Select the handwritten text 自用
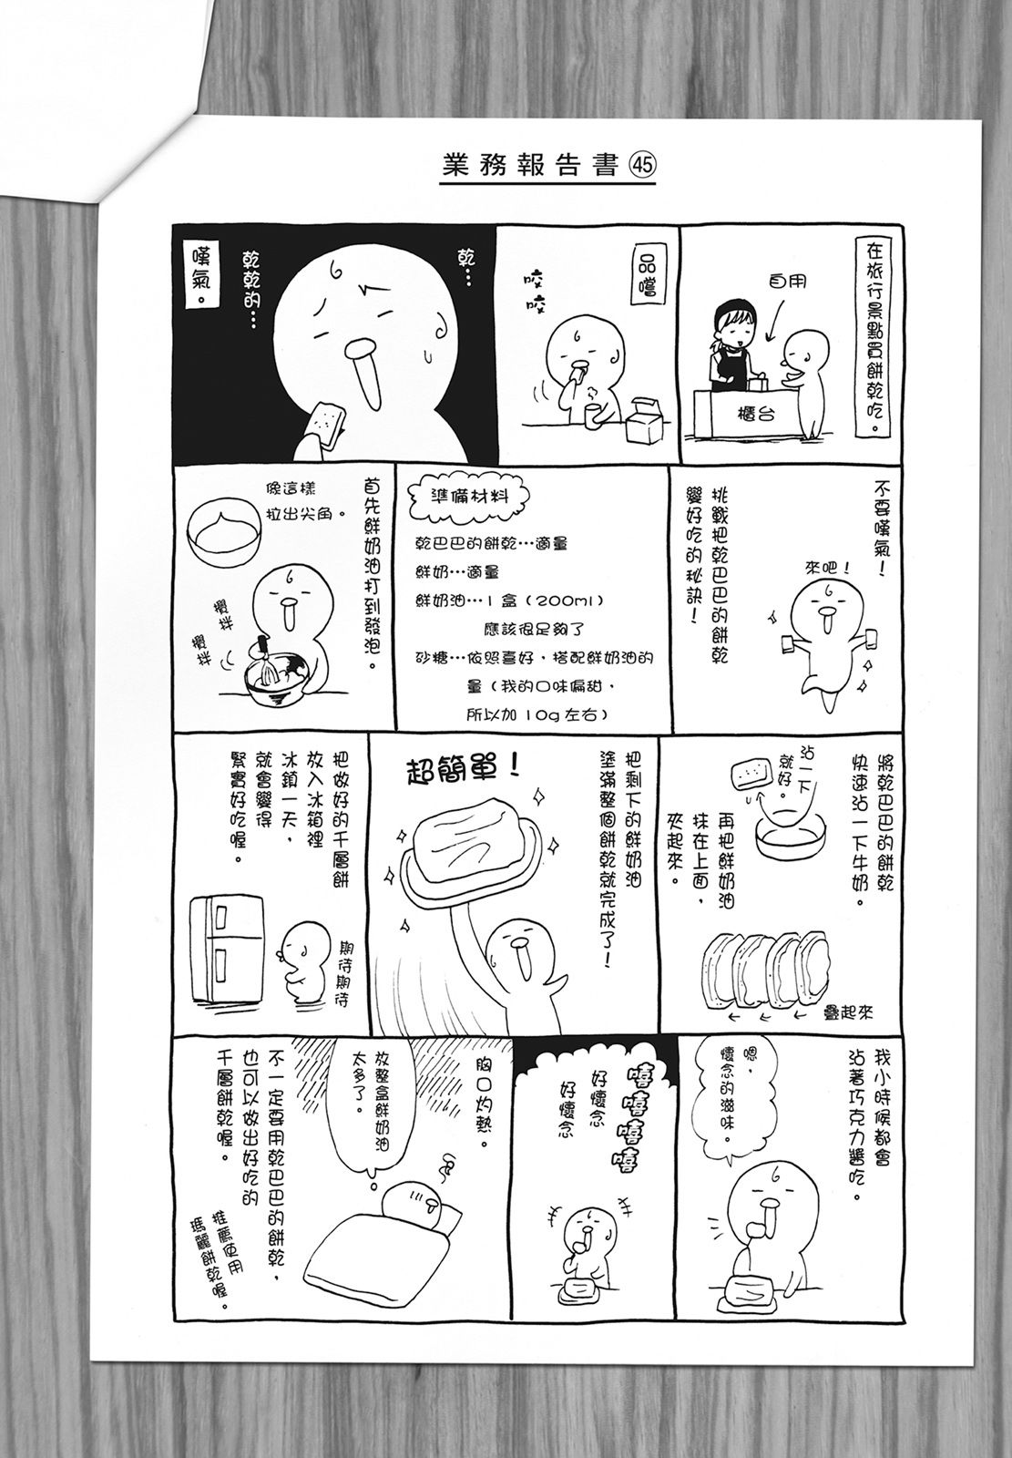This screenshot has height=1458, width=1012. (787, 282)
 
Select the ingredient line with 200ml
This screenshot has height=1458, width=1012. (510, 601)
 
